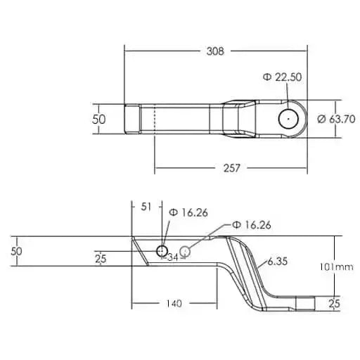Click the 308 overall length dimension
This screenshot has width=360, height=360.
pyautogui.click(x=217, y=51)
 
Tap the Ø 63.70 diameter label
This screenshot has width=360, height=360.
pyautogui.click(x=335, y=119)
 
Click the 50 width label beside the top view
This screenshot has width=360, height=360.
pyautogui.click(x=99, y=119)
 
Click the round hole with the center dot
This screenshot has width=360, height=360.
pyautogui.click(x=288, y=118)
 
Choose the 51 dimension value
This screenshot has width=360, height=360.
pyautogui.click(x=147, y=207)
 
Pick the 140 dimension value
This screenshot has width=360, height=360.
pyautogui.click(x=174, y=304)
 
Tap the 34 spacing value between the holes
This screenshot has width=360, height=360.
pyautogui.click(x=173, y=257)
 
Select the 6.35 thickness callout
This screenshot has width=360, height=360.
pyautogui.click(x=278, y=262)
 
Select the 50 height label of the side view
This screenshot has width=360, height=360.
pyautogui.click(x=18, y=251)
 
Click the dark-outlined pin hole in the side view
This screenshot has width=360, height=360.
pyautogui.click(x=162, y=251)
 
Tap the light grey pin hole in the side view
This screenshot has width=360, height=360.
pyautogui.click(x=186, y=251)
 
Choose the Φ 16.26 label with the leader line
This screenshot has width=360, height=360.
pyautogui.click(x=252, y=225)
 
